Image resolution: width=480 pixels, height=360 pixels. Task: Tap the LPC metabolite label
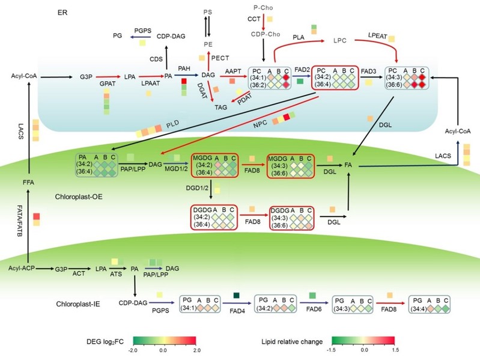(x=341, y=42)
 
